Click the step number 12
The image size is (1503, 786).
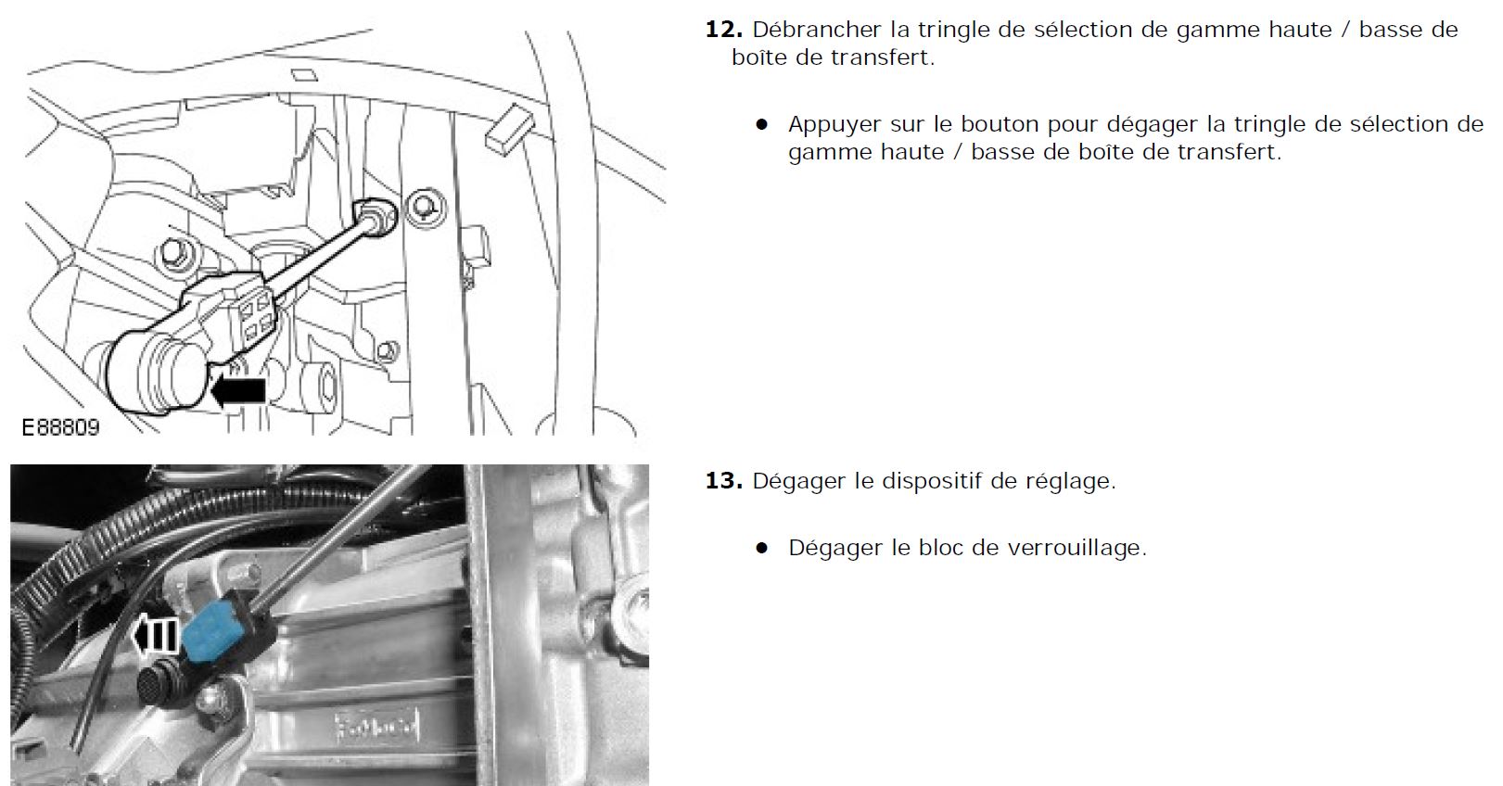pos(724,31)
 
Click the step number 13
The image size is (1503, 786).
pos(724,481)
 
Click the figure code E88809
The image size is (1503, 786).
pos(60,427)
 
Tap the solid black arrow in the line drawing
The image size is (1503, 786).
pos(237,391)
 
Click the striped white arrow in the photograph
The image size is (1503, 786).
pos(155,635)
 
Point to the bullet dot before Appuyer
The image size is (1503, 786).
pos(761,124)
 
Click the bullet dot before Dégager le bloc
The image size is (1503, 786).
pos(761,548)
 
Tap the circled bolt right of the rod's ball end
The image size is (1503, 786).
pos(427,208)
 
